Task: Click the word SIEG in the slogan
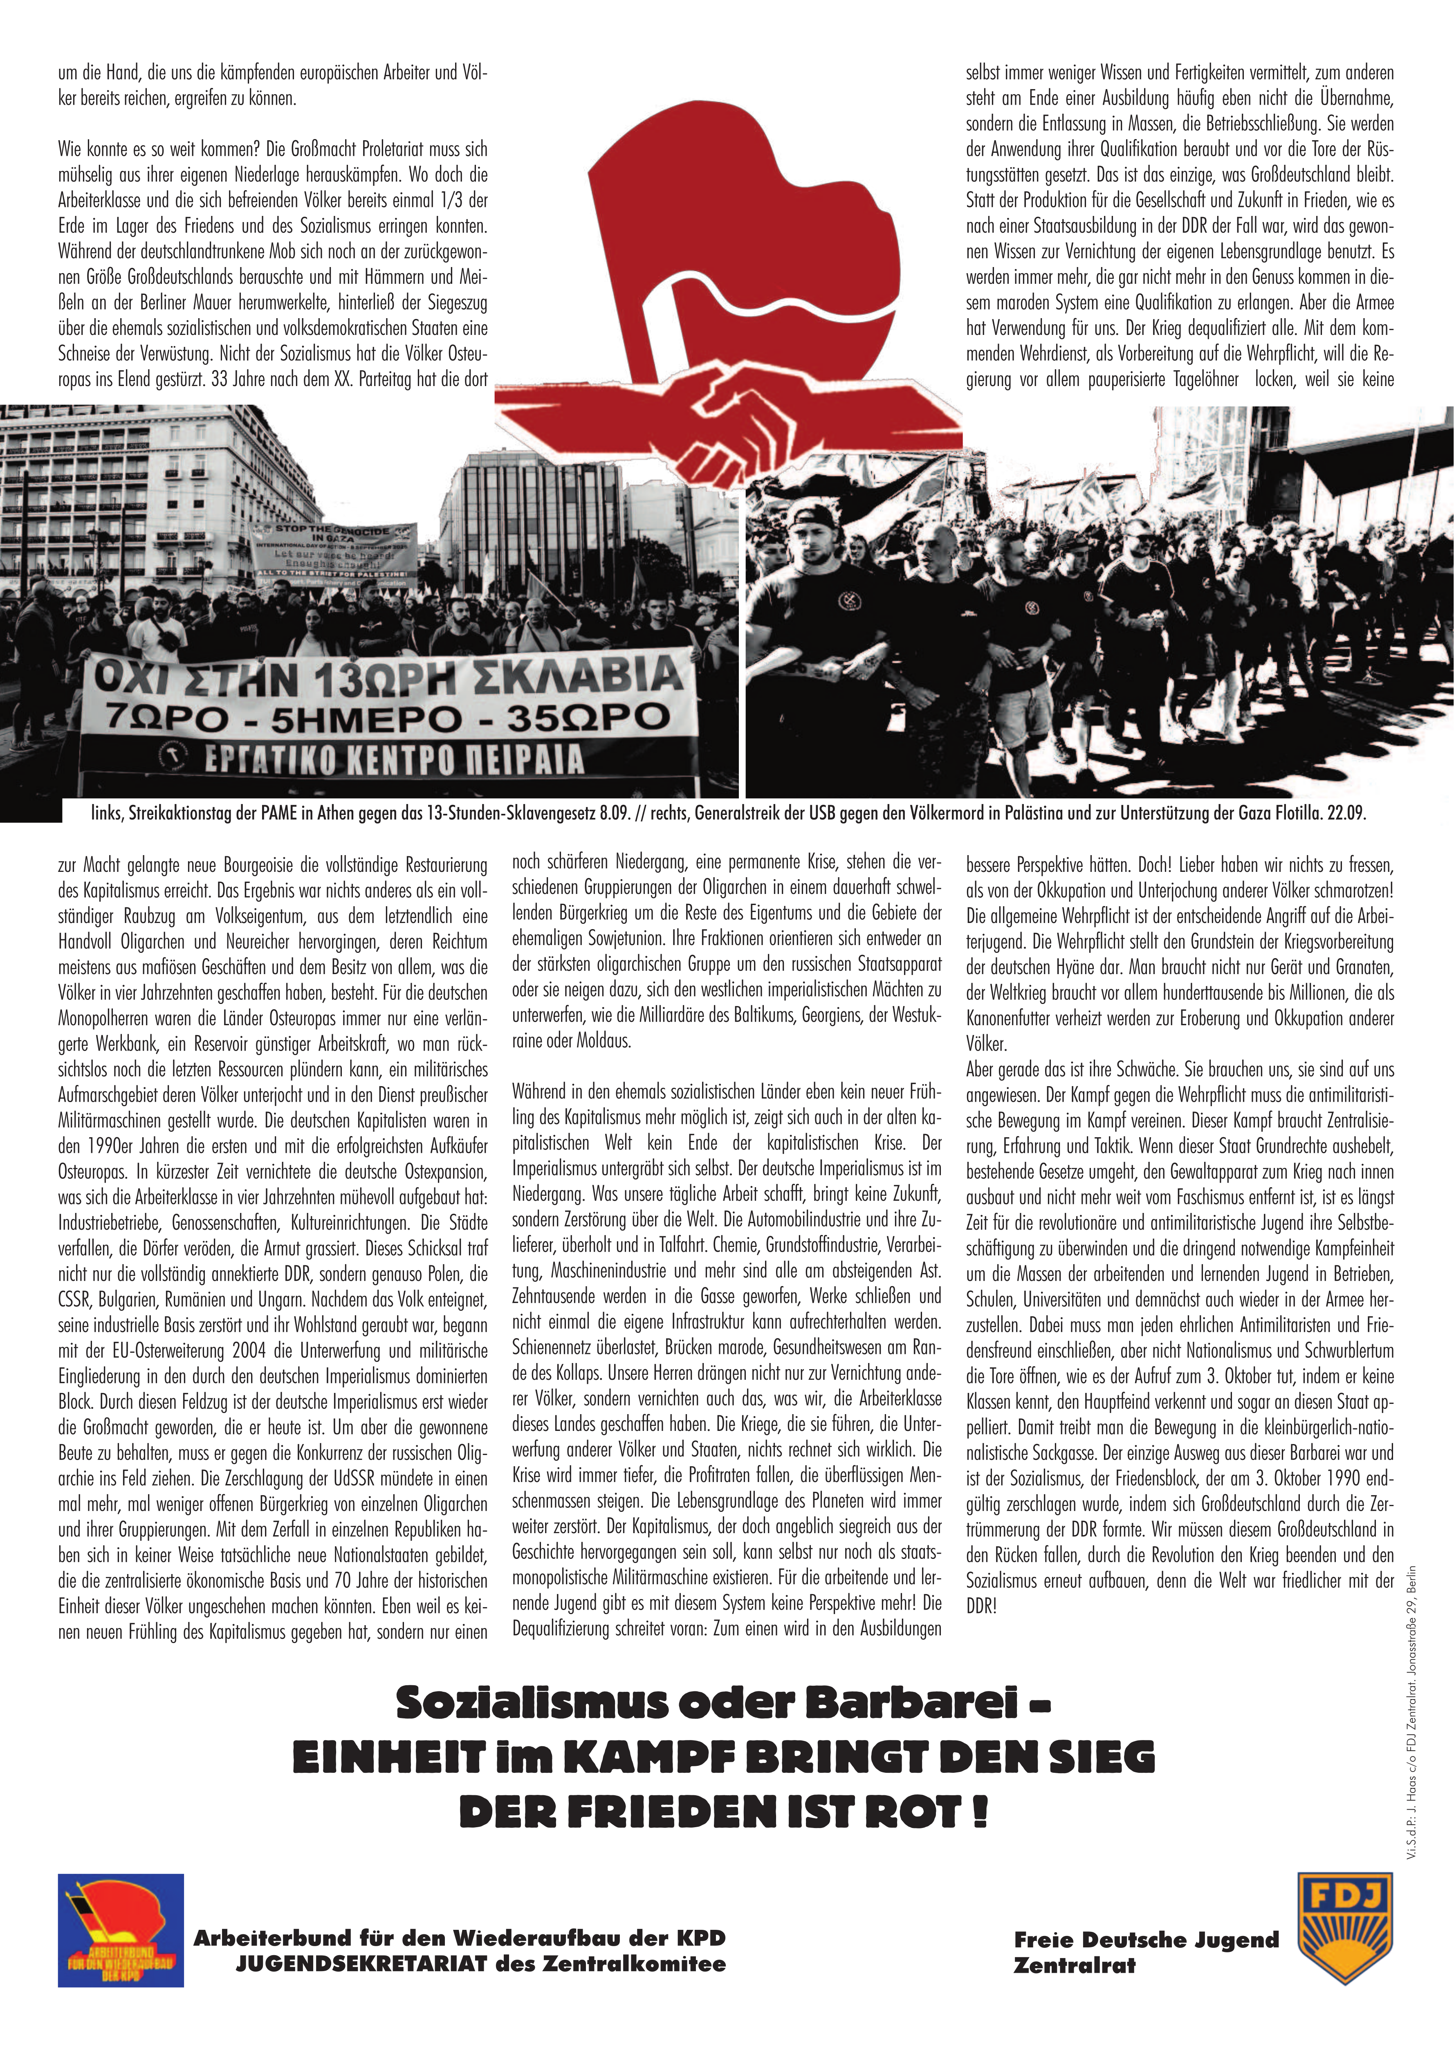(1102, 1758)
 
